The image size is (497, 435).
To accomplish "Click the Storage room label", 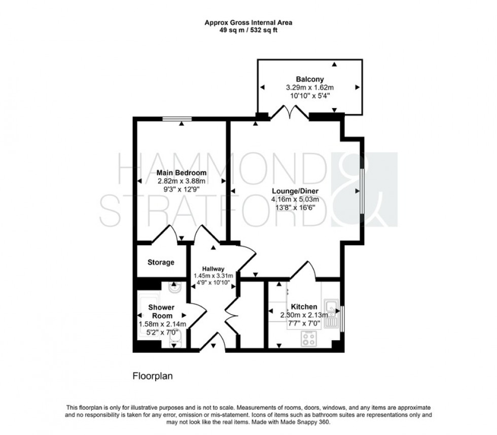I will pyautogui.click(x=161, y=262).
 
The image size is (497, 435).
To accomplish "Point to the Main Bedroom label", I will pyautogui.click(x=181, y=173).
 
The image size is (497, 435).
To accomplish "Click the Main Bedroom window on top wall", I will pyautogui.click(x=177, y=119).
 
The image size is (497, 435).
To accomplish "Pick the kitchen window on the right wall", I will pyautogui.click(x=342, y=318).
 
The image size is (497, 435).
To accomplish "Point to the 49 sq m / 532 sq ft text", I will pyautogui.click(x=248, y=30).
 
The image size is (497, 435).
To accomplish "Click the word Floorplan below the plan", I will pyautogui.click(x=153, y=377).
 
